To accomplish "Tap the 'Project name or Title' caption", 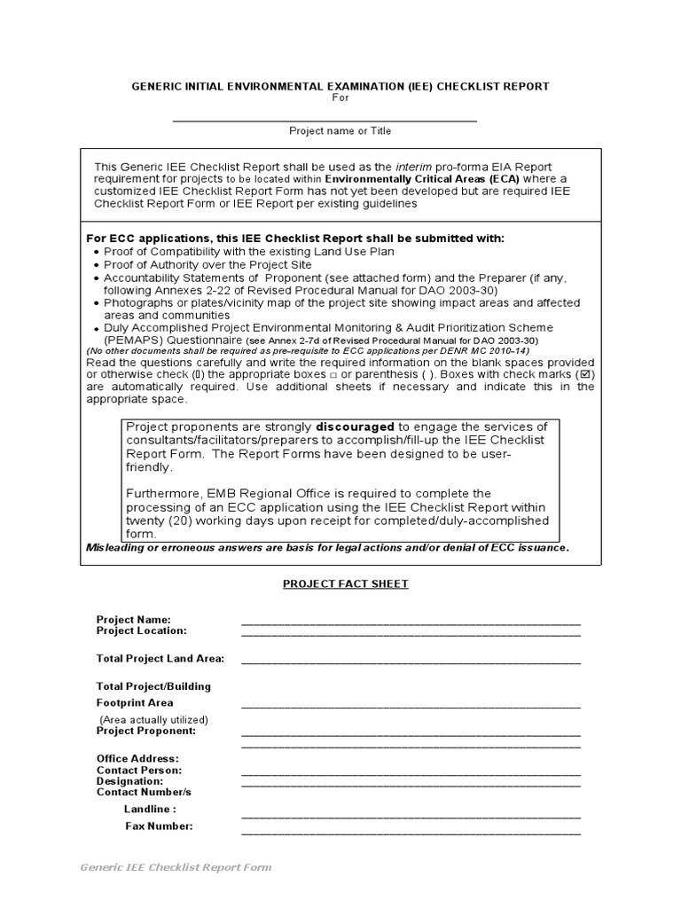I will [340, 130].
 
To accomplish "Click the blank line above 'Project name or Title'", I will [325, 119].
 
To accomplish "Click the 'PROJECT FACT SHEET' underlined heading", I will [346, 583].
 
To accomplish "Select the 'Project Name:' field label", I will [134, 619].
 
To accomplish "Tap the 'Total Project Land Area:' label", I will [160, 659].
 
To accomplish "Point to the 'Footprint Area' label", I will [135, 702].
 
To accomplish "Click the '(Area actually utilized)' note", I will [153, 719].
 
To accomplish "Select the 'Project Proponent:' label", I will [145, 731].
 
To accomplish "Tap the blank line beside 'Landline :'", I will [411, 815].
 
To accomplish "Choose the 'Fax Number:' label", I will [159, 826].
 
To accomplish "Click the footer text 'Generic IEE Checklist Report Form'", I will [176, 867].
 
